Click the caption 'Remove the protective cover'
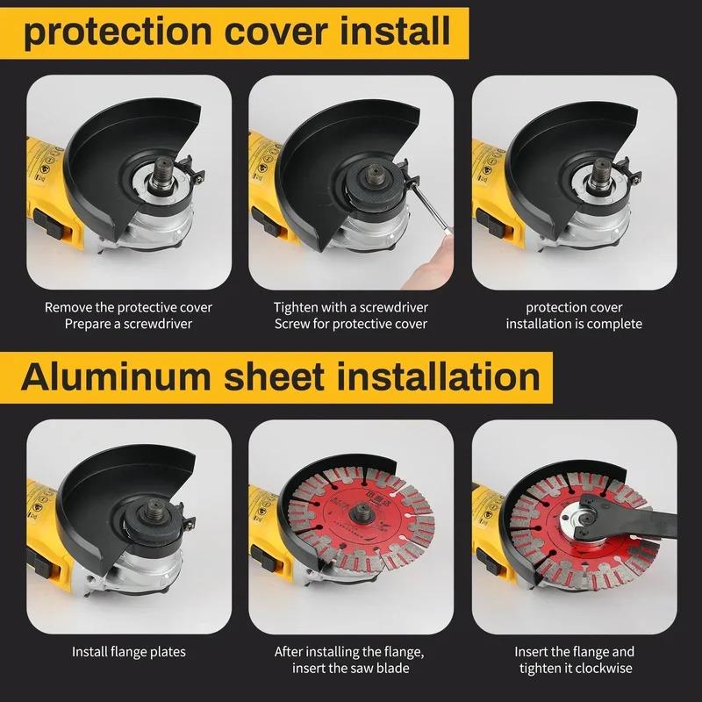pyautogui.click(x=128, y=308)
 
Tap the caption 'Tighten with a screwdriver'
pyautogui.click(x=351, y=308)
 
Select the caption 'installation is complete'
pyautogui.click(x=574, y=324)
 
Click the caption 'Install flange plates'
pyautogui.click(x=128, y=652)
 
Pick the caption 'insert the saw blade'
pyautogui.click(x=351, y=668)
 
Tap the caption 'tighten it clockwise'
pyautogui.click(x=574, y=668)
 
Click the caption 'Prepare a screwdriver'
pyautogui.click(x=128, y=324)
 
